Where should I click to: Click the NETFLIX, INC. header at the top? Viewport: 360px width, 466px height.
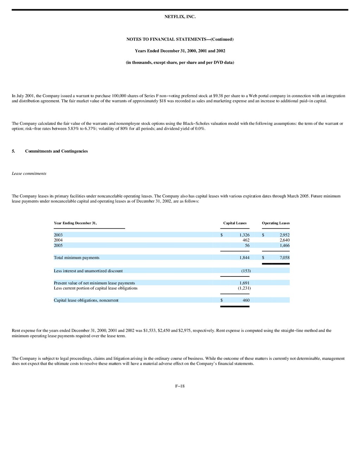click(x=180, y=17)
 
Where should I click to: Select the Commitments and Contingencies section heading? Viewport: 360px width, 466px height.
click(x=56, y=151)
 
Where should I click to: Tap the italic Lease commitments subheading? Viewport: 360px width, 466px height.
click(x=29, y=173)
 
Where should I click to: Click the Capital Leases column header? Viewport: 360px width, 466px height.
click(x=235, y=223)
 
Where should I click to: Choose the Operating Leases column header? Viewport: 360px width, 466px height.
click(x=276, y=223)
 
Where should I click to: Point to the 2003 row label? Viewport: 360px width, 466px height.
click(x=58, y=235)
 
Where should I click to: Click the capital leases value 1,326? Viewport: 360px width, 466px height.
click(x=244, y=235)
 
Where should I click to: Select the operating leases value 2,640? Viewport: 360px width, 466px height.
click(x=284, y=240)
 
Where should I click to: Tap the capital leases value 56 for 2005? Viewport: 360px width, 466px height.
click(x=247, y=245)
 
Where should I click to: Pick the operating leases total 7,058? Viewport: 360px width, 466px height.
click(x=284, y=258)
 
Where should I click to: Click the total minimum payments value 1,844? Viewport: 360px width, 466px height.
click(x=244, y=258)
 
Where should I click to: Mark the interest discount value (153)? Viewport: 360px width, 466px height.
click(x=246, y=271)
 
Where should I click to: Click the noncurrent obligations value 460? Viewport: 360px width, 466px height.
click(x=246, y=300)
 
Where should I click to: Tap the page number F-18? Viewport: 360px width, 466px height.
click(x=180, y=386)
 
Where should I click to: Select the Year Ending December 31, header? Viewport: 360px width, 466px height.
click(x=75, y=223)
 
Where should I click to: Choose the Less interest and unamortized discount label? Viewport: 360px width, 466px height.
click(x=88, y=271)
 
